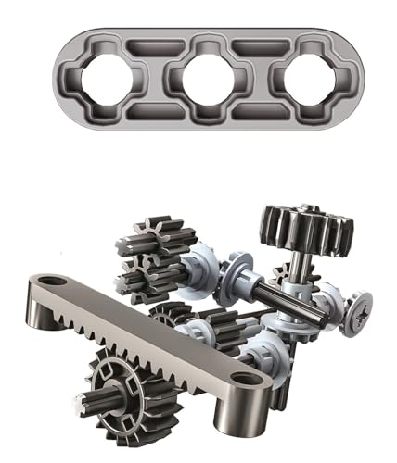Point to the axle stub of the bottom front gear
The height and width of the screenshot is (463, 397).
[89, 400]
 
